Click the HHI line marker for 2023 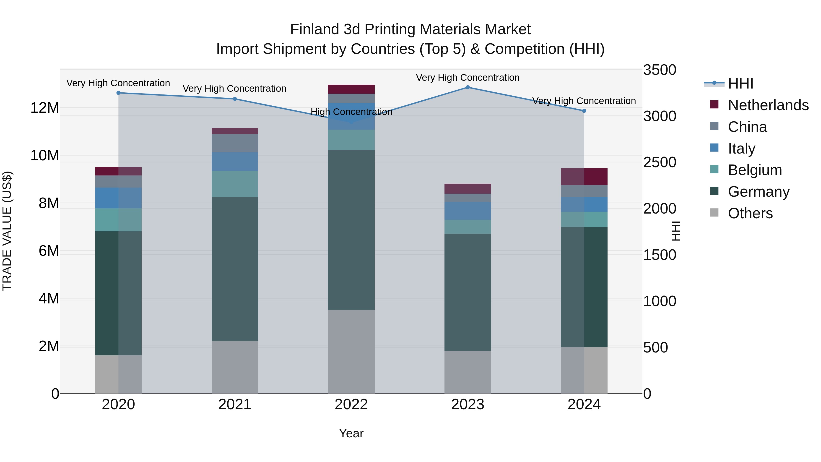468,87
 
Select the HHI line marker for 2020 118,93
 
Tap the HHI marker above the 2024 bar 584,111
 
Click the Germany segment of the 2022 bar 351,230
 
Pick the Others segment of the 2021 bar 235,367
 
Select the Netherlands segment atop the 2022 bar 351,89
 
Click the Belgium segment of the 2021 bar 235,184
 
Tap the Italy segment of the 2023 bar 468,211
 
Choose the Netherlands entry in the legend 768,105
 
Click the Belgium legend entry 755,170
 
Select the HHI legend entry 740,84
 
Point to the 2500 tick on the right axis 659,162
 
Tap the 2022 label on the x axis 351,405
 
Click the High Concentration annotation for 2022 351,112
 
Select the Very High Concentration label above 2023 468,78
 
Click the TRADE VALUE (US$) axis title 7,231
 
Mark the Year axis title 351,433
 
